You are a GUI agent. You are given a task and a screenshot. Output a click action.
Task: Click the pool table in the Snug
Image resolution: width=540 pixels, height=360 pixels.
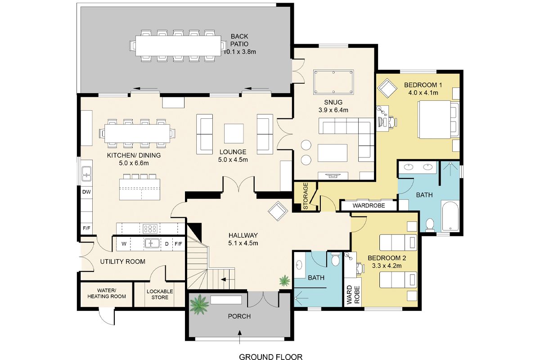tap(333, 82)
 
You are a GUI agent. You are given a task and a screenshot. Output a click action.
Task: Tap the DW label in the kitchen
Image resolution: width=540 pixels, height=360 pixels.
tap(86, 192)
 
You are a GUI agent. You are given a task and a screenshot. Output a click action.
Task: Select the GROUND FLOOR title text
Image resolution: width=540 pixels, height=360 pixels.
tap(270, 356)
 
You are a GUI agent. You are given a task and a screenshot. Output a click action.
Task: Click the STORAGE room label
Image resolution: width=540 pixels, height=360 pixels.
tap(305, 196)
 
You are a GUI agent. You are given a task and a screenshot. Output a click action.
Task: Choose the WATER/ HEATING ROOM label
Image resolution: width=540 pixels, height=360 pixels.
tap(107, 293)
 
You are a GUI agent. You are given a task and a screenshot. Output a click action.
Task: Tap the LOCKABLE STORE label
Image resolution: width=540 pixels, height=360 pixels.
tap(160, 294)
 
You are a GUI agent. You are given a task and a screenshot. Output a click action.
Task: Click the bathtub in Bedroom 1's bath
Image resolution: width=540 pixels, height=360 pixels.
tap(450, 216)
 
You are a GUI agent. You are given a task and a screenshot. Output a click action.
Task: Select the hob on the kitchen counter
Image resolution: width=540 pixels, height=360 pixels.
tap(150, 229)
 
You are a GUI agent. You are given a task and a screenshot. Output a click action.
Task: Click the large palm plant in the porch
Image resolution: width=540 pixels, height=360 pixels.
tap(199, 305)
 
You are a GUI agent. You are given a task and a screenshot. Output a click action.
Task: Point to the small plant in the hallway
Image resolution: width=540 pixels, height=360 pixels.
tap(285, 281)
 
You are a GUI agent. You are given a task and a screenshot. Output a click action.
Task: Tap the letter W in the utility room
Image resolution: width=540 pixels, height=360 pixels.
tap(124, 244)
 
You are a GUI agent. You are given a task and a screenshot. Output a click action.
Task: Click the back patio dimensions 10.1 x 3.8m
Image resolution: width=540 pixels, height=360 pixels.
tap(239, 52)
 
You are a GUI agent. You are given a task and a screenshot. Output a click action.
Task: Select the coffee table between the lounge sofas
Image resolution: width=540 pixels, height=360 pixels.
tap(234, 134)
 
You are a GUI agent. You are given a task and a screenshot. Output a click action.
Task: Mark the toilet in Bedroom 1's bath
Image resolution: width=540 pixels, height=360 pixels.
tap(430, 225)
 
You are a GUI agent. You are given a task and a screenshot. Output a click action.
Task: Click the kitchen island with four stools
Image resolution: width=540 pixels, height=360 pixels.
tap(139, 187)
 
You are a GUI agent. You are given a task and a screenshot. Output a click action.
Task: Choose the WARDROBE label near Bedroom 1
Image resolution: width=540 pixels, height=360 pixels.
tap(369, 206)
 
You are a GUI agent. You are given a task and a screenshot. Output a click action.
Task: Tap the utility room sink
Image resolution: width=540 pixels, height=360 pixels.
tap(152, 243)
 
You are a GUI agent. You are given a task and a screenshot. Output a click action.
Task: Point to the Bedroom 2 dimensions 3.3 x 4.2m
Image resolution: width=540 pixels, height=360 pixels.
tap(387, 266)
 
